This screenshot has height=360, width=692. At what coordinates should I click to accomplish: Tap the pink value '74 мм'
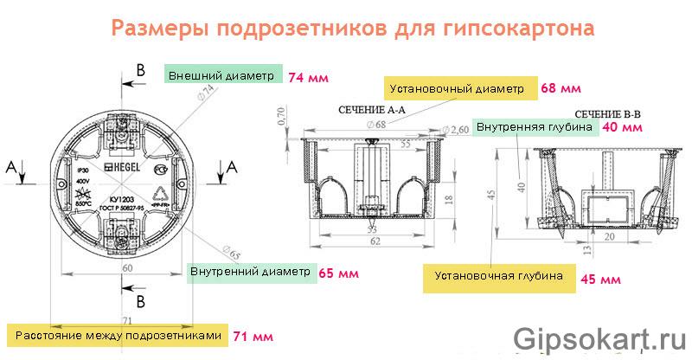click(x=308, y=77)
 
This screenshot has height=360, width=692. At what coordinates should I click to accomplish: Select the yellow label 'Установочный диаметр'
click(x=456, y=88)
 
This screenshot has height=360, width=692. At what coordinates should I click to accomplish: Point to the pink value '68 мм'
click(x=560, y=88)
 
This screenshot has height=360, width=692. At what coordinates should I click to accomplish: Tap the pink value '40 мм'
click(x=621, y=127)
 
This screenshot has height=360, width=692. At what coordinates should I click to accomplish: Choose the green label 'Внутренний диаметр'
click(x=249, y=272)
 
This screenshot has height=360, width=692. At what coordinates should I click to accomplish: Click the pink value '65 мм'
click(x=337, y=273)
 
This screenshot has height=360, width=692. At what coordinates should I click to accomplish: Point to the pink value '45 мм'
click(x=600, y=279)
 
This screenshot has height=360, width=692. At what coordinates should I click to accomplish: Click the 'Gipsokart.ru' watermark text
click(x=597, y=337)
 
